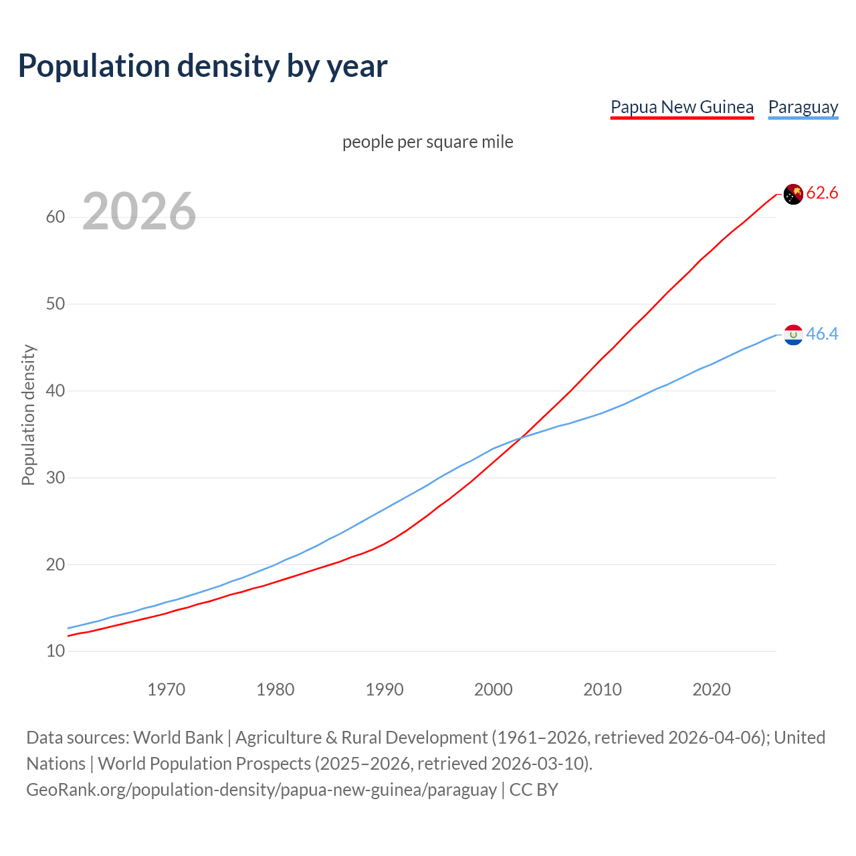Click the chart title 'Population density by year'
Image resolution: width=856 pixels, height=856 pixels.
pos(203,66)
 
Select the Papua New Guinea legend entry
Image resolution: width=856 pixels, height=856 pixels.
pos(681,107)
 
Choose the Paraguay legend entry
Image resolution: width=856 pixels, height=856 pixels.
pos(802,107)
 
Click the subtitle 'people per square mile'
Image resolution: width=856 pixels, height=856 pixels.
pos(427,142)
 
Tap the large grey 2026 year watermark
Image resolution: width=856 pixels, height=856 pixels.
pos(139,211)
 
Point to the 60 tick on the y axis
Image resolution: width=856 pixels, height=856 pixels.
pos(56,217)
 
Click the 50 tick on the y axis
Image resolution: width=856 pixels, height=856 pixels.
pos(56,304)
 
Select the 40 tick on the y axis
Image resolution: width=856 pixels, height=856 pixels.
pos(56,391)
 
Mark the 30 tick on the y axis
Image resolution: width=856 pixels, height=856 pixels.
pos(56,477)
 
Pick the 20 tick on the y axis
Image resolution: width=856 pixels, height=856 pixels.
pos(56,564)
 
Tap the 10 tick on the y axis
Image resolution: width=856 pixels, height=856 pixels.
pos(56,651)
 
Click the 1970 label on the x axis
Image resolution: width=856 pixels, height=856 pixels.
pos(166,689)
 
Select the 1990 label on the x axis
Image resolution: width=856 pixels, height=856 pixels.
pos(385,689)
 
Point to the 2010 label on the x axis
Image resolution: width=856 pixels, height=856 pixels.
pos(603,689)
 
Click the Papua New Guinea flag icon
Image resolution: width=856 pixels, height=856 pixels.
pos(793,194)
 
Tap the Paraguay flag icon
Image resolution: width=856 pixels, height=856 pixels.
pos(793,334)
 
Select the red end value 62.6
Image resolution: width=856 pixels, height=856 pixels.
pos(822,193)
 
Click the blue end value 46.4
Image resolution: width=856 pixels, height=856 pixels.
pos(822,334)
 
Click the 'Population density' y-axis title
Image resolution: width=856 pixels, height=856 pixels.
pos(28,415)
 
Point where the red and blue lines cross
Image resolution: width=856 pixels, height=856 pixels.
pos(519,438)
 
